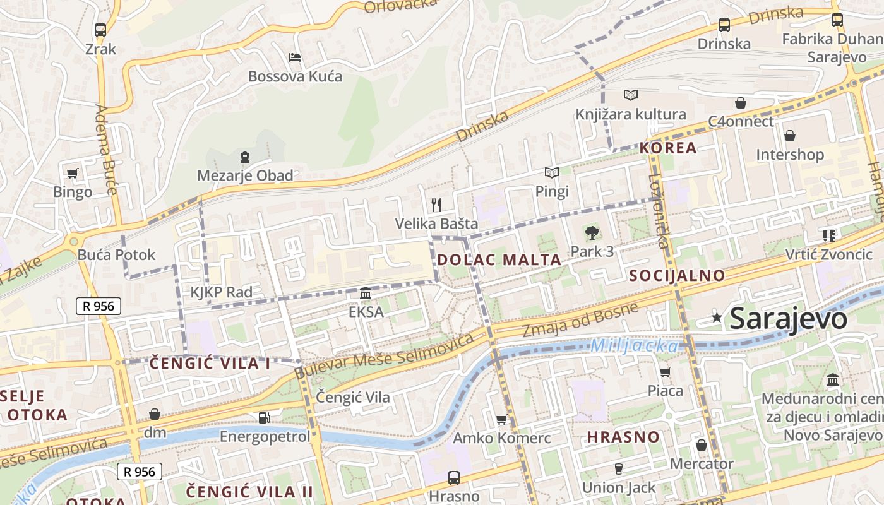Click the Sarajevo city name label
[x=788, y=319]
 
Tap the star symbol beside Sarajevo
[x=717, y=318]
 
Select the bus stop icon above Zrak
[x=100, y=30]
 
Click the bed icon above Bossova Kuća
[x=295, y=57]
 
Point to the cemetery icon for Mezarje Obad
[x=245, y=157]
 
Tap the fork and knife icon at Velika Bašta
[x=436, y=205]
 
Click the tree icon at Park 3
[x=592, y=233]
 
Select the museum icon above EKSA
[x=366, y=293]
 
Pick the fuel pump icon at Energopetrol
[x=265, y=417]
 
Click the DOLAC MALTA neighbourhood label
[x=499, y=259]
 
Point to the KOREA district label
[x=668, y=148]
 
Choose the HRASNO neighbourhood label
[x=623, y=437]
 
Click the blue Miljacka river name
[x=635, y=346]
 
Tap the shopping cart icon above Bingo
[x=73, y=173]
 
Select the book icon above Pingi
[x=552, y=172]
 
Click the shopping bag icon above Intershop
[x=789, y=136]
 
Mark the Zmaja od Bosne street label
[x=580, y=320]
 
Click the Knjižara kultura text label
[x=630, y=114]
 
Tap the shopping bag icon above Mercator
[x=702, y=445]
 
